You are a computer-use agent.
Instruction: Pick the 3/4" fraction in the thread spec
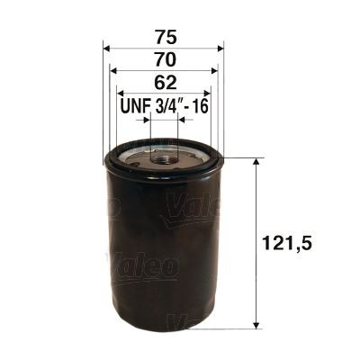tap(171, 106)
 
